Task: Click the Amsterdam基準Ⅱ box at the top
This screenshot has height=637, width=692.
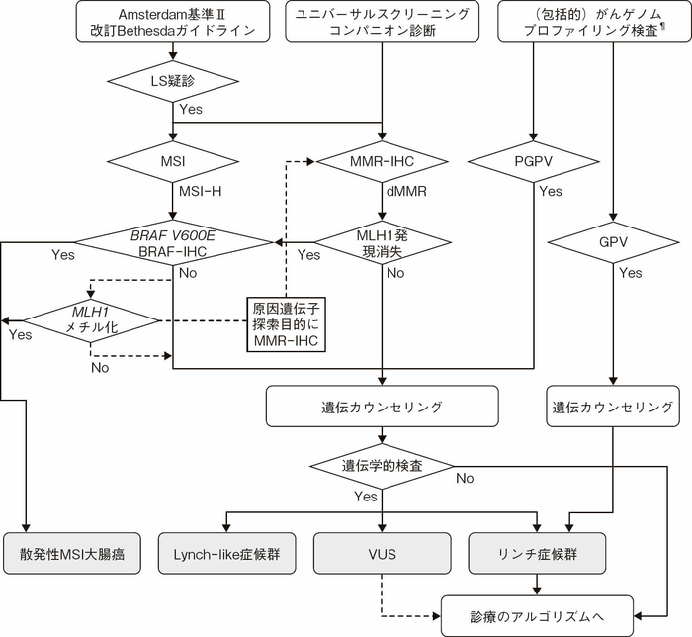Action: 173,21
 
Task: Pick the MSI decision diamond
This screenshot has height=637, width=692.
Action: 173,158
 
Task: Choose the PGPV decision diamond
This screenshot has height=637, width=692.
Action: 533,158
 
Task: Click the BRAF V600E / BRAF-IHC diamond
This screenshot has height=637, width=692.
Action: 173,241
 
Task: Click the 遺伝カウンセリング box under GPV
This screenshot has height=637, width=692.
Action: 614,406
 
